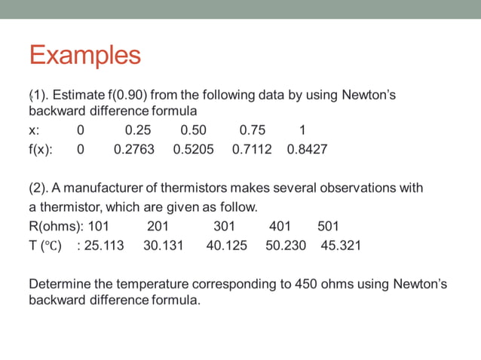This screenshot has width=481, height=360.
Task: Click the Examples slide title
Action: [84, 55]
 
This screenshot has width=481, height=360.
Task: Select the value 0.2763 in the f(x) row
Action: [133, 149]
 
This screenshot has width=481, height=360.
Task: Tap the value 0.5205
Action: [193, 149]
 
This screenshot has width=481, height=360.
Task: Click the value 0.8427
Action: [307, 149]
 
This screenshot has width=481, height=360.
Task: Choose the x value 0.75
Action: [253, 129]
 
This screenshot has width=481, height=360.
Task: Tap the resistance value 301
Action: [224, 226]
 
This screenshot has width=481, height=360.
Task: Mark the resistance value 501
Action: [328, 226]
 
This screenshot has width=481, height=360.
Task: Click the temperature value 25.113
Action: [104, 246]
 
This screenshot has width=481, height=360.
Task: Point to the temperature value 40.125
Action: [226, 246]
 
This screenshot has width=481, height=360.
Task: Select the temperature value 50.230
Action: [286, 246]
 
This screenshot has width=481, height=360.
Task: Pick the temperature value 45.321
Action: [341, 246]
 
